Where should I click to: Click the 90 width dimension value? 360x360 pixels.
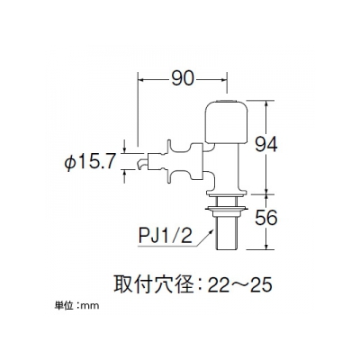coord(183,79)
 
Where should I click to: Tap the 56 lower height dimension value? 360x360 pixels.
coord(266,218)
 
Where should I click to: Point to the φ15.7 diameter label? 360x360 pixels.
coord(90,163)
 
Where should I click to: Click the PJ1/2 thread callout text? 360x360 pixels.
coord(165,237)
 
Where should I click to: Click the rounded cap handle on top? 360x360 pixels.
coord(227,121)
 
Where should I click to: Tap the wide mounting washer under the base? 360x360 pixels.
coord(227,208)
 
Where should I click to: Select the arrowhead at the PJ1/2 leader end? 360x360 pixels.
coord(212,231)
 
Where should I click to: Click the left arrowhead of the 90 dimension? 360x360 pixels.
coord(140,79)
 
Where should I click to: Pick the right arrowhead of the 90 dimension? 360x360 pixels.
coord(223,79)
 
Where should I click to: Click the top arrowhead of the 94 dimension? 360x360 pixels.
coord(266,103)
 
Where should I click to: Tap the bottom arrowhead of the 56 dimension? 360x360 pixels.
coord(266,246)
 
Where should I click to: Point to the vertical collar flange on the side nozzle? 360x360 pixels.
coord(169,161)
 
